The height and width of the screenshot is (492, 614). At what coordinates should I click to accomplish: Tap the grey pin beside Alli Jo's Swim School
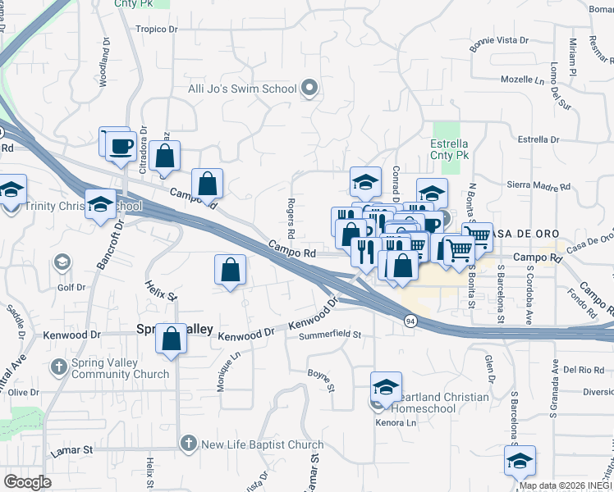(x=309, y=88)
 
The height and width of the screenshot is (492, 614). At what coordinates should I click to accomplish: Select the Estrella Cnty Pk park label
(x=450, y=148)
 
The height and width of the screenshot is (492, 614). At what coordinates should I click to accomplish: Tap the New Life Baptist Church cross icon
(x=187, y=445)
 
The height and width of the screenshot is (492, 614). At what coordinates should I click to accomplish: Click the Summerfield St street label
(x=330, y=335)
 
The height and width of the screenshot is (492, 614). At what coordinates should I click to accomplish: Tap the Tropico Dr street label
(x=157, y=29)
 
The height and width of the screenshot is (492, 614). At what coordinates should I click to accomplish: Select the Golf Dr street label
(x=71, y=288)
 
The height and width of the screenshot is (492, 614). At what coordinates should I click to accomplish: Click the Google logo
(x=28, y=482)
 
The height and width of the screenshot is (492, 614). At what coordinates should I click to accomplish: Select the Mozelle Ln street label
(x=523, y=81)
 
